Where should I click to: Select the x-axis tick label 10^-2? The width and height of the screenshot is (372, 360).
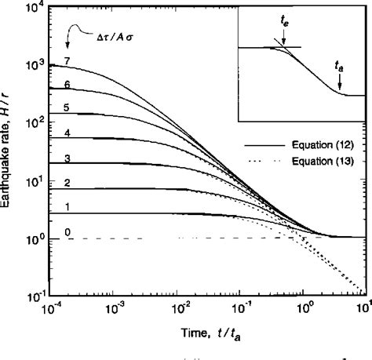(180, 308)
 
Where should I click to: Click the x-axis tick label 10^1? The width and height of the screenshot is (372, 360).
(363, 308)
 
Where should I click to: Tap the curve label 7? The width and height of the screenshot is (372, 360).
(68, 60)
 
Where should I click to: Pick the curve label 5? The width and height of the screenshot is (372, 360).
(68, 107)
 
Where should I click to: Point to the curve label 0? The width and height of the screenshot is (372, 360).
(68, 232)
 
